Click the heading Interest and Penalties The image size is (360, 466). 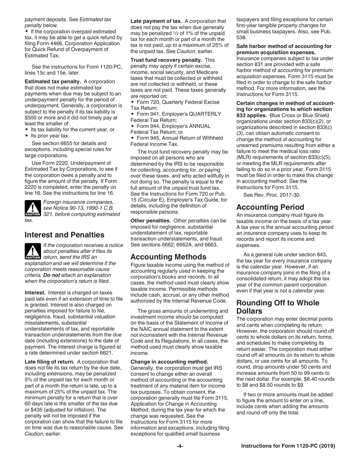(x=64, y=235)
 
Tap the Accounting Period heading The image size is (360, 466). (x=270, y=207)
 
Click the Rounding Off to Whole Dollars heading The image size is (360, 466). (x=277, y=307)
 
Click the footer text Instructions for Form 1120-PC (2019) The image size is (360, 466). (x=288, y=446)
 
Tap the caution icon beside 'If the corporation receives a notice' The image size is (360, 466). (x=33, y=251)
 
